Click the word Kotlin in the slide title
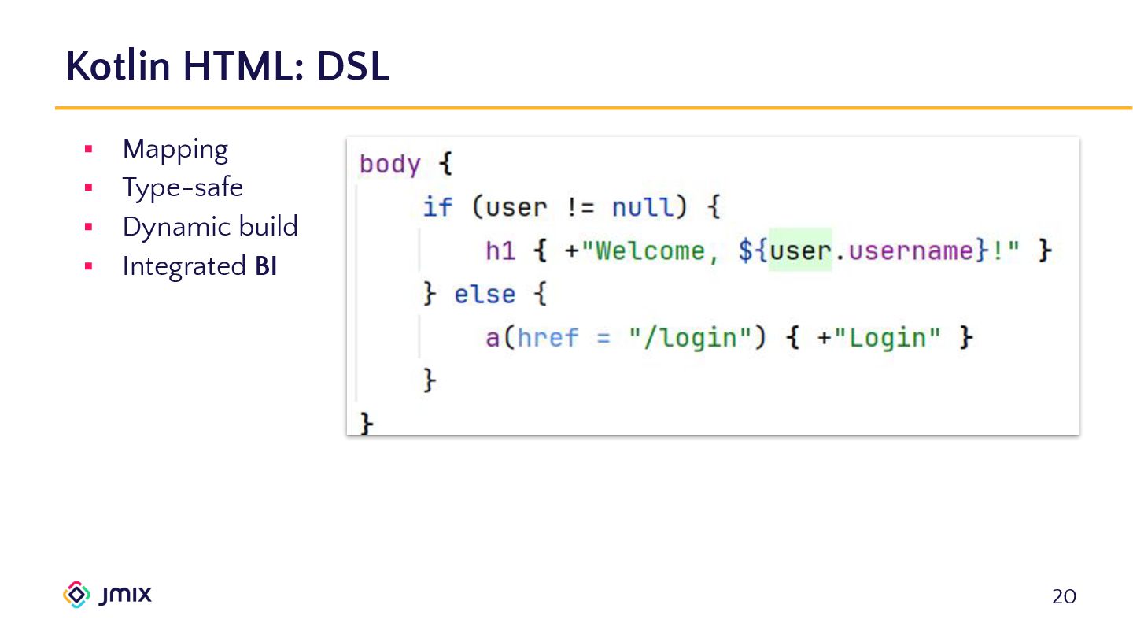(118, 66)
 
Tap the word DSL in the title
(352, 66)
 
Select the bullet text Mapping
(175, 150)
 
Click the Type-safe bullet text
(183, 188)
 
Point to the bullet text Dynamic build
(210, 227)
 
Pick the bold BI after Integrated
(266, 266)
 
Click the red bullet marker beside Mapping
(88, 149)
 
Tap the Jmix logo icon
(76, 595)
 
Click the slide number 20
(1064, 597)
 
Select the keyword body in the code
(389, 165)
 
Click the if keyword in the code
(437, 208)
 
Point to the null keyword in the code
(643, 208)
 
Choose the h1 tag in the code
(500, 251)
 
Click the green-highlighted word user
(800, 251)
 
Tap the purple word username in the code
(909, 251)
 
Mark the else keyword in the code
(485, 295)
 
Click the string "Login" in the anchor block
(887, 338)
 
